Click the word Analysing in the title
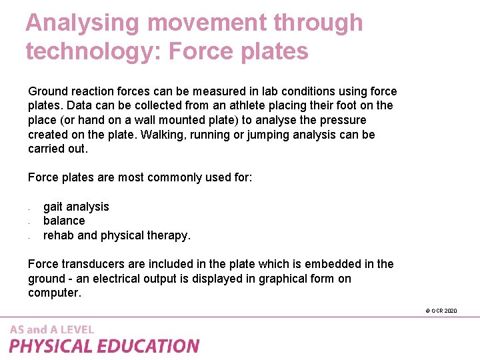(83, 23)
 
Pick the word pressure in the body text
(342, 120)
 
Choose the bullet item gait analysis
(76, 207)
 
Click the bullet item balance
(64, 221)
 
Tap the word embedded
(336, 264)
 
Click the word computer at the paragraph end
(53, 293)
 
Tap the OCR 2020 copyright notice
(441, 311)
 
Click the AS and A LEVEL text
(52, 329)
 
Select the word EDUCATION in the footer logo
(149, 346)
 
